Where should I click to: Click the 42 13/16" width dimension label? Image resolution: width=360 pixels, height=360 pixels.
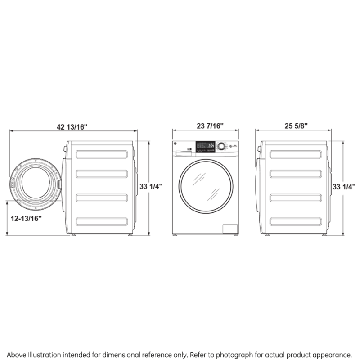(x=72, y=126)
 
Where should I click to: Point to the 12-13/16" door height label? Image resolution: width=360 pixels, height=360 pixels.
(x=27, y=218)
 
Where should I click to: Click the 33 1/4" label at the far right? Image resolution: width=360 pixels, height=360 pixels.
(x=344, y=186)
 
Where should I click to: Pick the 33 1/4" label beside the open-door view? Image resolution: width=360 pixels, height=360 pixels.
(x=150, y=186)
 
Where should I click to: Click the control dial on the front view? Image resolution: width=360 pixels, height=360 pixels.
(x=221, y=146)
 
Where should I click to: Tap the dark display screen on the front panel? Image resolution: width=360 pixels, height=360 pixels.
(x=206, y=146)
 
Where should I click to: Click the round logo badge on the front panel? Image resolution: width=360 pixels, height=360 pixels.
(x=176, y=144)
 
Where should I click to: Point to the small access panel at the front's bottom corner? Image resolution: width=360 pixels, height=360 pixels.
(x=230, y=229)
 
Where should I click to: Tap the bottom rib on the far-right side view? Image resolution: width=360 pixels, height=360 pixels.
(x=296, y=221)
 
